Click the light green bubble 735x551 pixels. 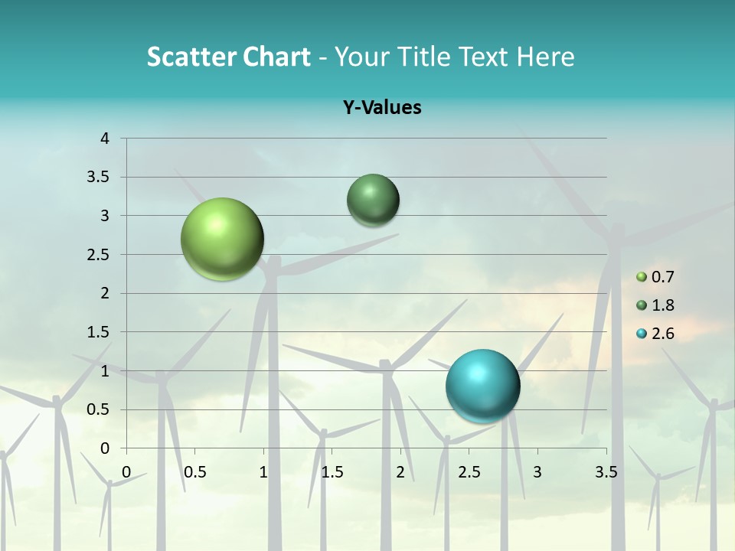click(222, 239)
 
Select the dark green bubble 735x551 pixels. click(373, 200)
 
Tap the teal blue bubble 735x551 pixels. click(482, 386)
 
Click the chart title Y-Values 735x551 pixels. click(381, 107)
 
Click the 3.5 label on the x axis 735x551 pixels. click(606, 471)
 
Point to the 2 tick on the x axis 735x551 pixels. click(400, 471)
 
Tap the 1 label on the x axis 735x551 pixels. click(263, 471)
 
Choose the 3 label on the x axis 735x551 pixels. click(537, 471)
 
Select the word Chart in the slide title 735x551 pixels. click(276, 57)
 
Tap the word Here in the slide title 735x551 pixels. click(545, 57)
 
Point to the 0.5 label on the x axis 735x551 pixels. click(194, 471)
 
